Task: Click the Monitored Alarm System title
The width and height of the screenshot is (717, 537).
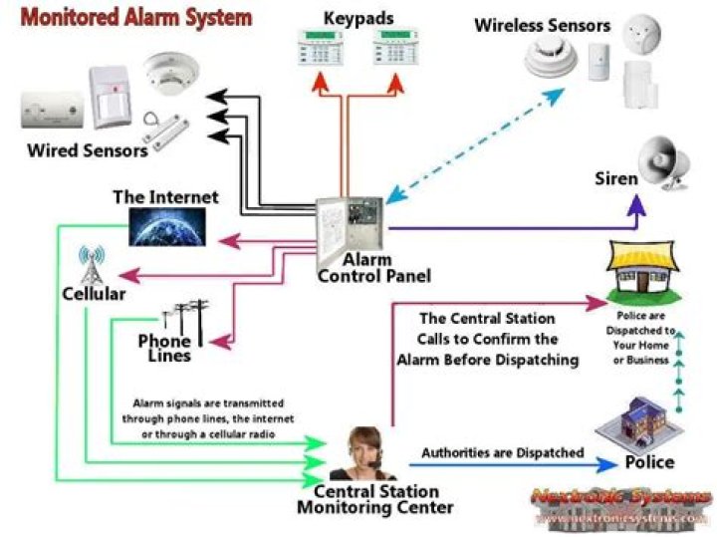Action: tap(137, 18)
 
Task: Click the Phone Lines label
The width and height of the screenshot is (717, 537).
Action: tap(164, 349)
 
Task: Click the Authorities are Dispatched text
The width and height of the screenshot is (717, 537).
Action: tap(502, 453)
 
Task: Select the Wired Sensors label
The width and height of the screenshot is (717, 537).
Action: tap(87, 151)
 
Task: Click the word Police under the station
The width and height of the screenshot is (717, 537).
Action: tap(649, 463)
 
